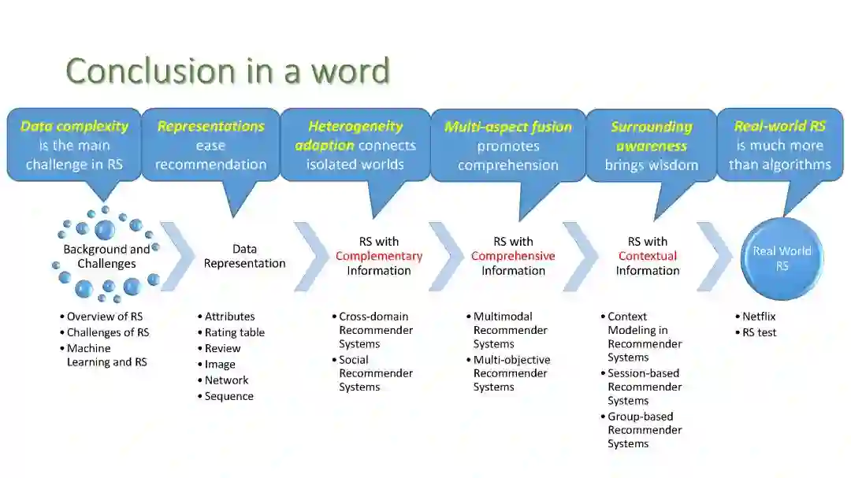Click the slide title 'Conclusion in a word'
tap(228, 71)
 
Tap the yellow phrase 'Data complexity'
tap(74, 126)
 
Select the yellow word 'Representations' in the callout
tap(210, 126)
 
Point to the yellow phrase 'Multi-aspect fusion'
tap(508, 127)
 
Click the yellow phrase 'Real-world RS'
tap(779, 126)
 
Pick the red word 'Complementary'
tap(379, 256)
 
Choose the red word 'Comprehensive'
tap(513, 256)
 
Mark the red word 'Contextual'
tap(648, 256)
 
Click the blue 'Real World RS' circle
tap(782, 258)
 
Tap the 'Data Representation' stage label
tap(244, 256)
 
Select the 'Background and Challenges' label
tap(106, 256)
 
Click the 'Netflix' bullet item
tap(759, 317)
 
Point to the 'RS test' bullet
tap(759, 332)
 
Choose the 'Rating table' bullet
tap(235, 332)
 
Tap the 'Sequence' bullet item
tap(229, 396)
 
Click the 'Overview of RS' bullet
tap(104, 317)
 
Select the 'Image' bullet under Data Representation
tap(220, 364)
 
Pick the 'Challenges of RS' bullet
tap(107, 332)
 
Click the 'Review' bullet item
tap(222, 348)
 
